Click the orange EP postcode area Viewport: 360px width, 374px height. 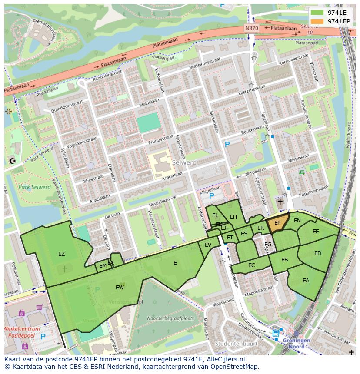(x=277, y=223)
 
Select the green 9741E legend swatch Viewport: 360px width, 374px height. (x=317, y=13)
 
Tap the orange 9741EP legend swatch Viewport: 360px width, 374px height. (x=317, y=21)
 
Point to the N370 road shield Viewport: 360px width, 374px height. (x=251, y=29)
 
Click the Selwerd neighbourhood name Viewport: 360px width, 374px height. (x=184, y=162)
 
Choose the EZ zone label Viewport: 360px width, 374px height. (x=61, y=254)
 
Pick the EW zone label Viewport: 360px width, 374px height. (x=120, y=288)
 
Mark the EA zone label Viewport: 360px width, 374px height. (x=306, y=281)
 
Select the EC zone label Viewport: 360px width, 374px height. (x=251, y=265)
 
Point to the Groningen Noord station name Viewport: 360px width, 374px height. (x=296, y=344)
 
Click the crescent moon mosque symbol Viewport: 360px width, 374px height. (x=12, y=161)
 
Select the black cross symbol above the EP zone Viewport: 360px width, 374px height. (x=280, y=202)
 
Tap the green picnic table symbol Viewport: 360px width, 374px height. (x=301, y=172)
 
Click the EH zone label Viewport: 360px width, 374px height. (x=233, y=217)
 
